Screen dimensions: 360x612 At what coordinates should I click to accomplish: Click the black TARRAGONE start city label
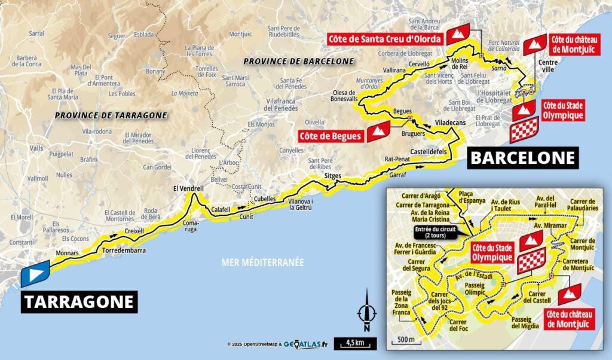coord(79,301)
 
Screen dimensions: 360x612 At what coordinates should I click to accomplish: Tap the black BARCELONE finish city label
coord(523,158)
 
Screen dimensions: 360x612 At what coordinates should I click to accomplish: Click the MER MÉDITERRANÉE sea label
coord(263,262)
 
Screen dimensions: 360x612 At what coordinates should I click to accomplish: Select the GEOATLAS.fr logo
coord(305,344)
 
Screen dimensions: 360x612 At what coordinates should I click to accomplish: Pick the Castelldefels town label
coord(429,152)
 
